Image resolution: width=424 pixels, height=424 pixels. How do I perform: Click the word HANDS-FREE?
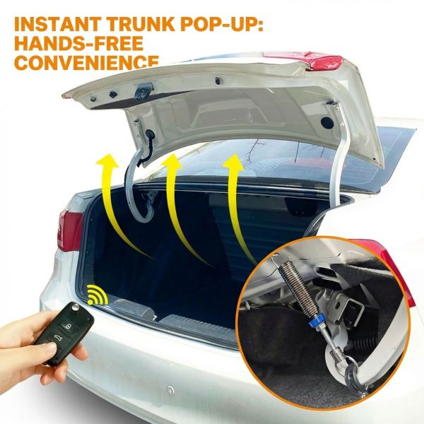[78, 43]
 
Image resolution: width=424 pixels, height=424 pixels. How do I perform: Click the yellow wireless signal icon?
[98, 295]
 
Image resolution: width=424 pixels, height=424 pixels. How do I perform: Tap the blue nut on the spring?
[314, 320]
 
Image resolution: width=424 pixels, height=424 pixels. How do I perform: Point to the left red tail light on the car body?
[70, 230]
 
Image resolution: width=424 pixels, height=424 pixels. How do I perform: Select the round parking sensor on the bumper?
[170, 390]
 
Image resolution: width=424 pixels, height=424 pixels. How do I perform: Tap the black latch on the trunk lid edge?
[143, 90]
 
